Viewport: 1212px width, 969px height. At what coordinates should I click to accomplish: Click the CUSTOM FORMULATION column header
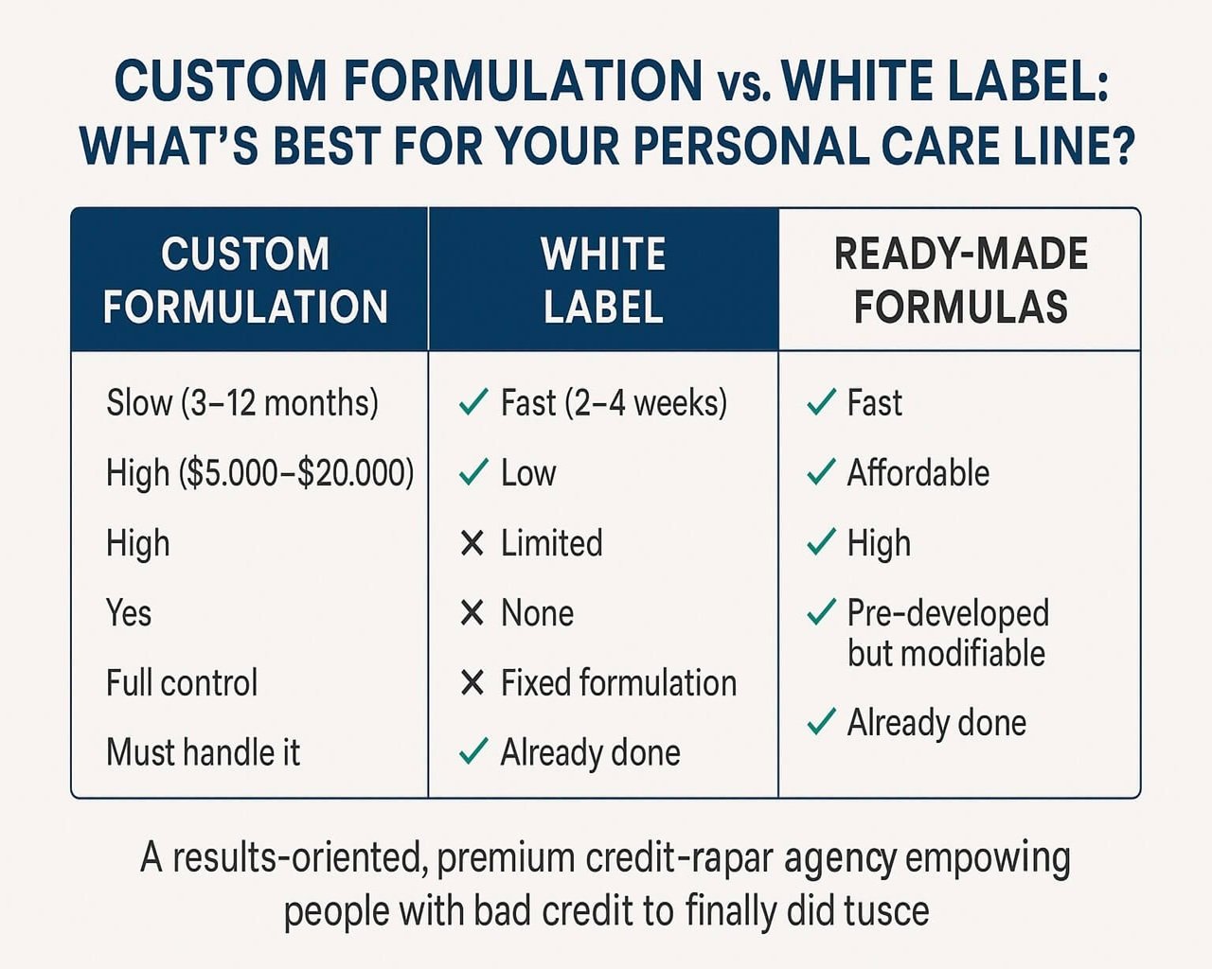246,280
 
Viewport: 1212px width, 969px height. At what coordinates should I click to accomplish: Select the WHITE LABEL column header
603,280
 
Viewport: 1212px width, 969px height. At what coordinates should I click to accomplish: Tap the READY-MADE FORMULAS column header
960,280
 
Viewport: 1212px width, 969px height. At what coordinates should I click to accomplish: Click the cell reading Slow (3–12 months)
242,403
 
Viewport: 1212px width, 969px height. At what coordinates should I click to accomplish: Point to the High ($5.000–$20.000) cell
259,473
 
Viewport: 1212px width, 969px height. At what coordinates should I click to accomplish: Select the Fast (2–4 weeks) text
614,403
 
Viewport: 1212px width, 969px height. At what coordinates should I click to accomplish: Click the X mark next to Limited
472,543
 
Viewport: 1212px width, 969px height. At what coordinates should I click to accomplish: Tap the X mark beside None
472,613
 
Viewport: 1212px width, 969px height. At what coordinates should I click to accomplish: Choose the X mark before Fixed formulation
472,682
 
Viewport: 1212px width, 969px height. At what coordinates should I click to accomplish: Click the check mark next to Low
472,471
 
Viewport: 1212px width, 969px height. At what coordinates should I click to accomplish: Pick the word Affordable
918,473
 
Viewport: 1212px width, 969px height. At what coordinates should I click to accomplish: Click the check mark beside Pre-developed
821,612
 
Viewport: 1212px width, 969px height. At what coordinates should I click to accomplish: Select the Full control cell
182,683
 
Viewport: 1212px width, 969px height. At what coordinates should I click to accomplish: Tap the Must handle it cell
203,753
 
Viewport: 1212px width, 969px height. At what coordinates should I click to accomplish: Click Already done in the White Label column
590,753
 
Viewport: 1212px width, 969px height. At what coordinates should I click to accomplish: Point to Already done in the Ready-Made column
936,723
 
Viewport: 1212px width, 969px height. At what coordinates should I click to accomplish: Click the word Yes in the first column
129,613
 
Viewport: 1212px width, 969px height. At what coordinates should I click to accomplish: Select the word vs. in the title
743,84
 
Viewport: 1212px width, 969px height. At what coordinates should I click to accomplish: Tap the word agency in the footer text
840,859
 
